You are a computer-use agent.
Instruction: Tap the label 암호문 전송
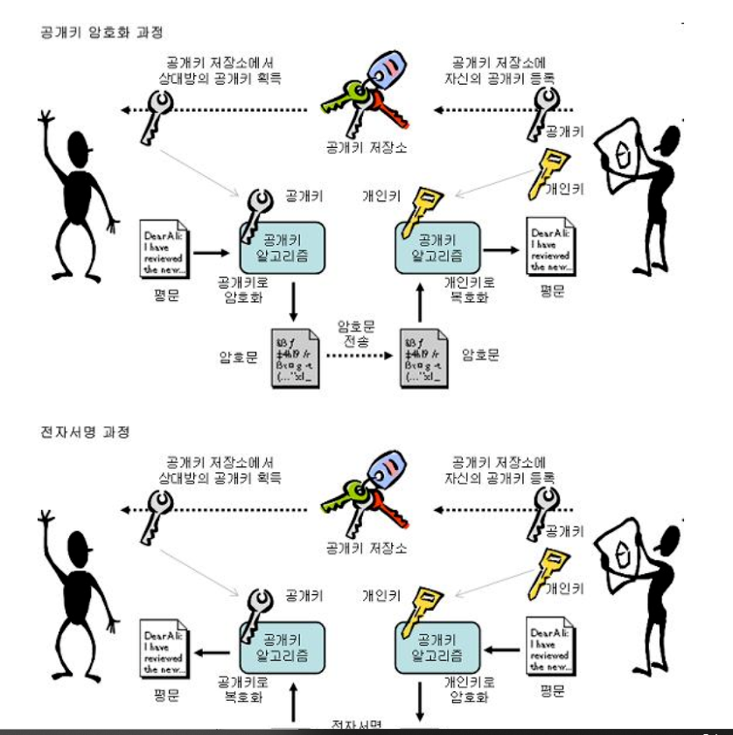[356, 333]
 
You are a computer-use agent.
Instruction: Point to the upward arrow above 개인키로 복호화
[420, 306]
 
